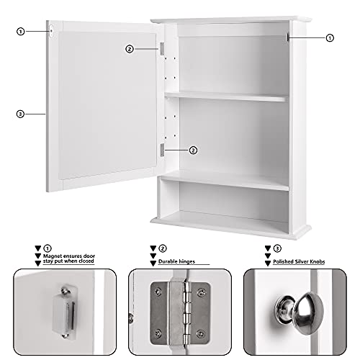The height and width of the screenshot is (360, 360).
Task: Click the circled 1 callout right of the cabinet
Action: [330, 37]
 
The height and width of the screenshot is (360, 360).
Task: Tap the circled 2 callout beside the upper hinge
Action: [129, 49]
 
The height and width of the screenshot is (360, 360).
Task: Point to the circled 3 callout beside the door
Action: [20, 113]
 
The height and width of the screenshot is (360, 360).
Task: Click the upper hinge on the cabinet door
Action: [163, 49]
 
